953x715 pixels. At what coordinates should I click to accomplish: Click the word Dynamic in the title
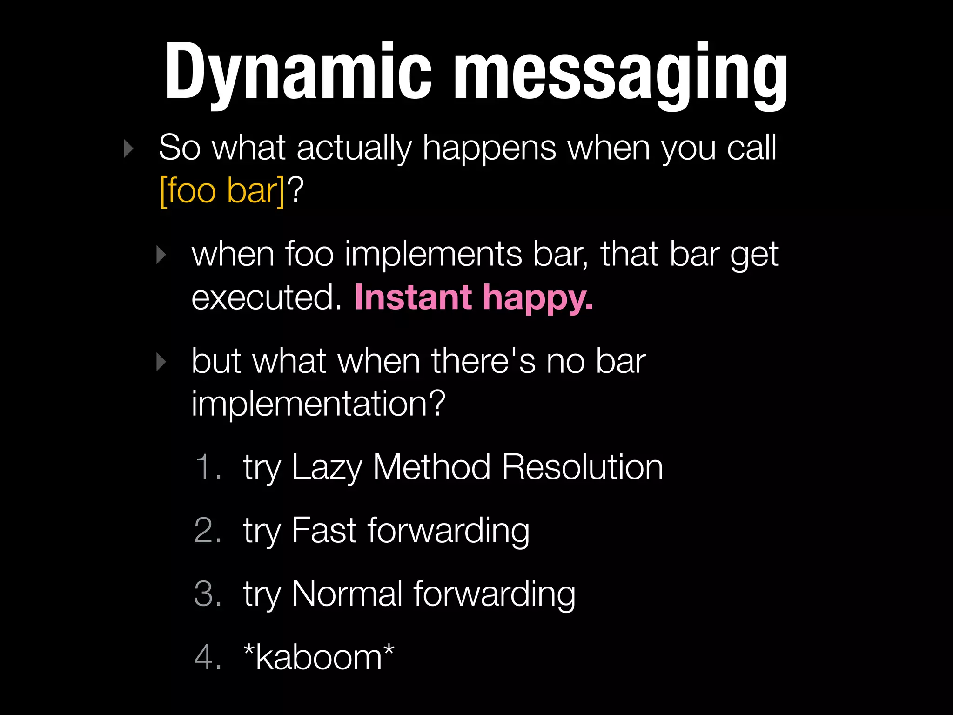pyautogui.click(x=298, y=72)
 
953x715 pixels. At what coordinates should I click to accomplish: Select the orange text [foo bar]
pyautogui.click(x=222, y=191)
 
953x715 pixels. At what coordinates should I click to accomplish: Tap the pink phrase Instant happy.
pyautogui.click(x=474, y=297)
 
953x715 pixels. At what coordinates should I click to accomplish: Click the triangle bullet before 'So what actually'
pyautogui.click(x=128, y=149)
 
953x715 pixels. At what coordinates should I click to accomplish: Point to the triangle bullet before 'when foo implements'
pyautogui.click(x=161, y=255)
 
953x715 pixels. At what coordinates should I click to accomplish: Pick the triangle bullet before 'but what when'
pyautogui.click(x=161, y=362)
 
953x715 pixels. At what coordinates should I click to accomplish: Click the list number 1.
pyautogui.click(x=207, y=467)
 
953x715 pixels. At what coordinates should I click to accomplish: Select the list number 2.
pyautogui.click(x=207, y=530)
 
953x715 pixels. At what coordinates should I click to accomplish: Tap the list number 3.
pyautogui.click(x=207, y=594)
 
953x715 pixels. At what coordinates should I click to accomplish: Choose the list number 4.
pyautogui.click(x=207, y=657)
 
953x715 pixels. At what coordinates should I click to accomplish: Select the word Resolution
pyautogui.click(x=582, y=467)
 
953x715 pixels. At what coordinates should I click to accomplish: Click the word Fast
pyautogui.click(x=324, y=530)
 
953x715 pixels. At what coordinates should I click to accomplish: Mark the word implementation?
pyautogui.click(x=319, y=404)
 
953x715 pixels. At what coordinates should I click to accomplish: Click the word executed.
pyautogui.click(x=266, y=297)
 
